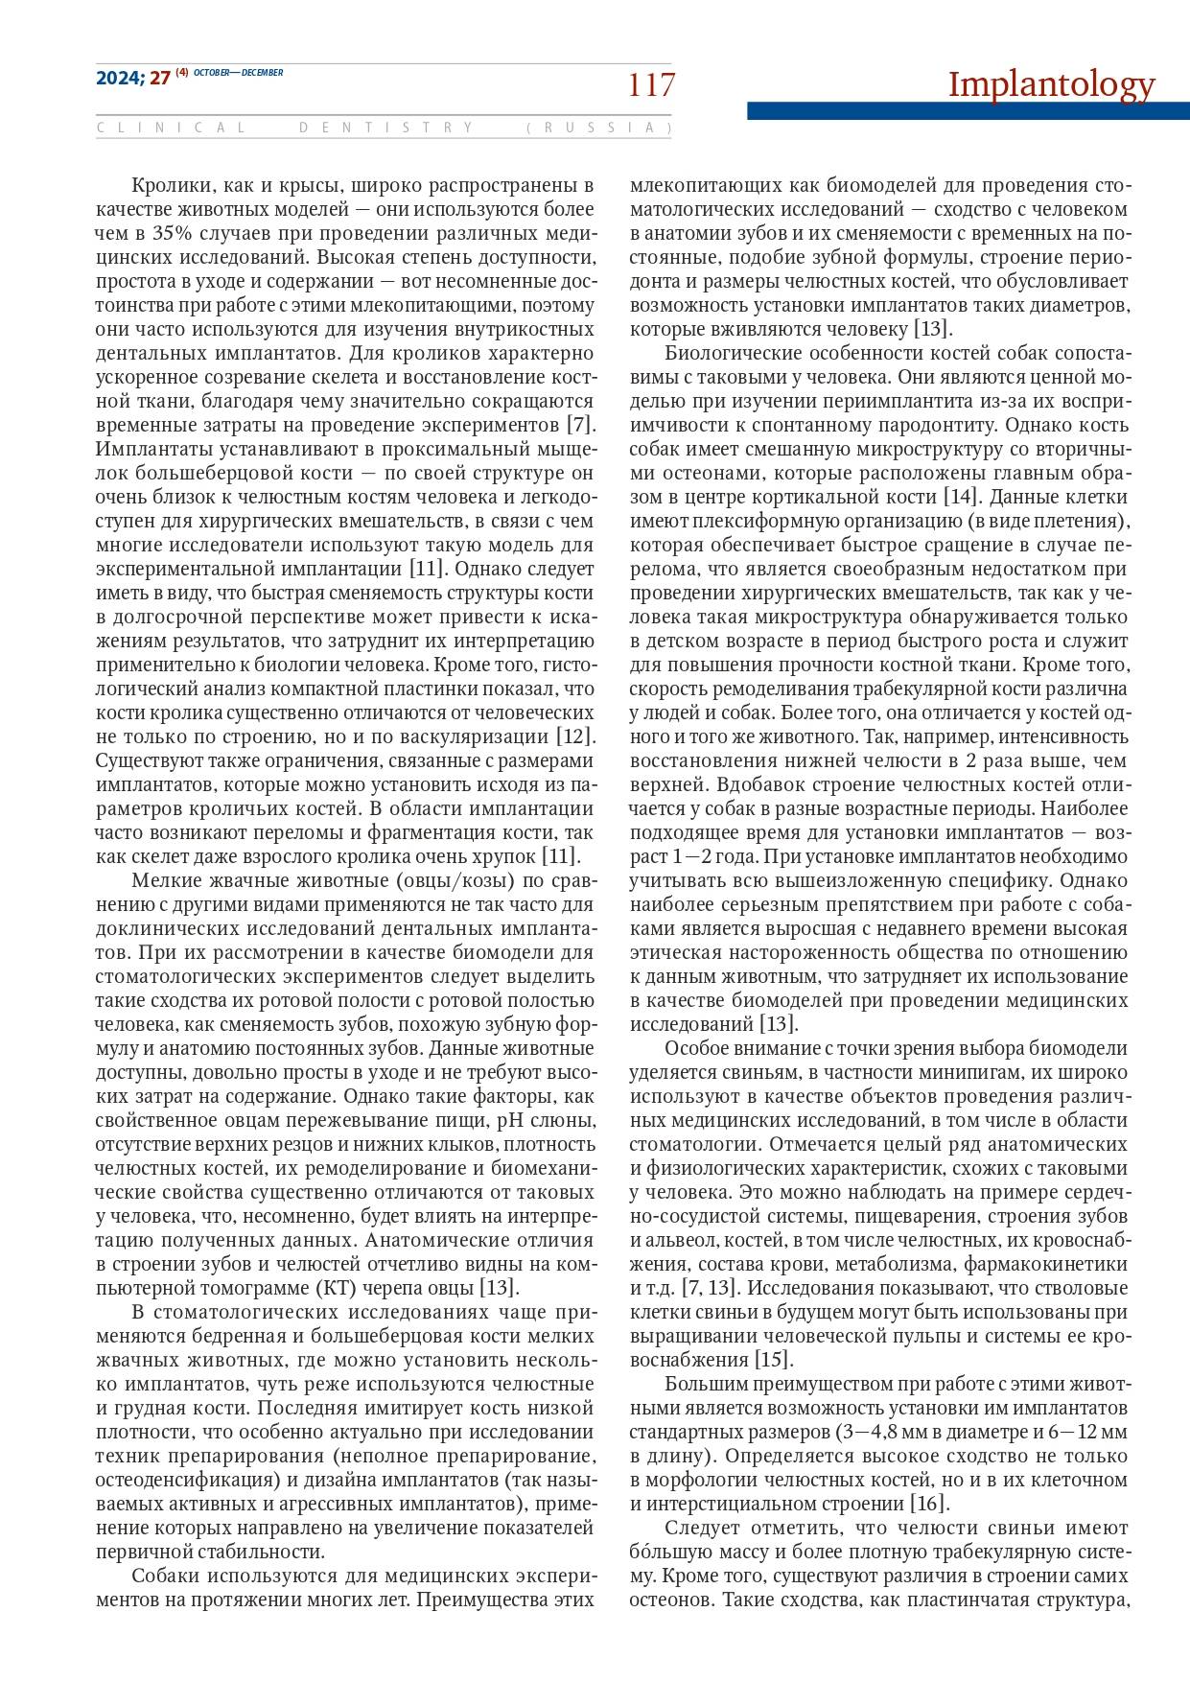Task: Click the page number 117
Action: (x=651, y=85)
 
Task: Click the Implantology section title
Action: (x=1051, y=84)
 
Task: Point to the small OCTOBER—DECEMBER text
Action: (x=238, y=73)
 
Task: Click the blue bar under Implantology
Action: (x=968, y=111)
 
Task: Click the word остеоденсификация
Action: (x=182, y=1479)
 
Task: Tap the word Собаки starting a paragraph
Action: (x=165, y=1575)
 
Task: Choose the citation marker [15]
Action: (x=774, y=1359)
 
